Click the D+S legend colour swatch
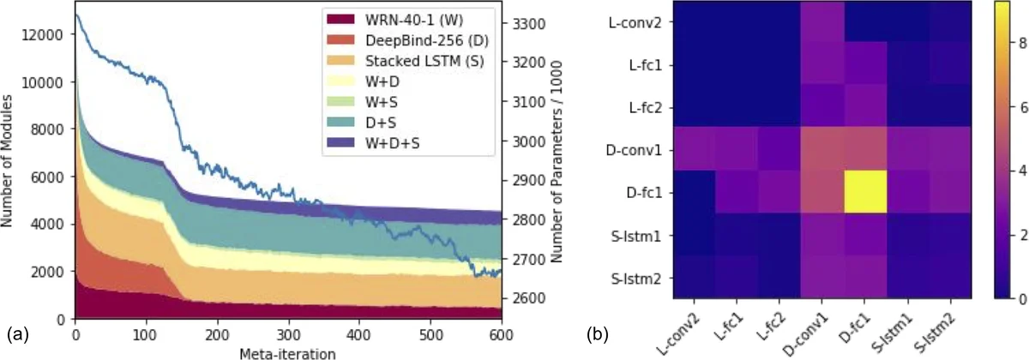tap(334, 123)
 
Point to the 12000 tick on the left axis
tap(48, 35)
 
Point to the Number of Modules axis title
tap(10, 163)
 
